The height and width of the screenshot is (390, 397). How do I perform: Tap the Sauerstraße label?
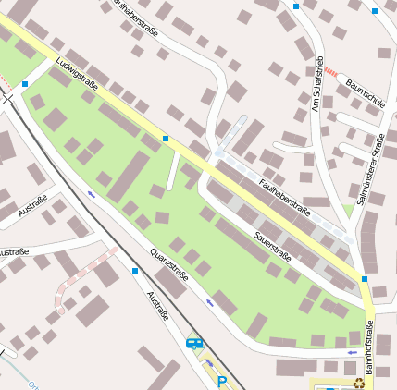click(x=272, y=245)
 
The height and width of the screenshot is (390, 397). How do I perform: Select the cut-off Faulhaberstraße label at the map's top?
click(x=136, y=16)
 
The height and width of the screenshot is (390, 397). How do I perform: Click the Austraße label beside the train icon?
click(x=158, y=306)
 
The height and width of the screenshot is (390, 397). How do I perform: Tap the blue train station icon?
click(x=193, y=343)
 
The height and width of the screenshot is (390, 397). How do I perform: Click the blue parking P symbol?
click(x=221, y=380)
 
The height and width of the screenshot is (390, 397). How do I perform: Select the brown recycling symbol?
click(x=359, y=383)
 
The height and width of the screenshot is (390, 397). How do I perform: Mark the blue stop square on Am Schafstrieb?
click(x=296, y=6)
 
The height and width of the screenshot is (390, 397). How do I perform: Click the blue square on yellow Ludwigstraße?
click(x=165, y=139)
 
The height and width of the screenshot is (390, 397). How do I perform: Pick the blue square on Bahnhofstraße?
click(x=365, y=278)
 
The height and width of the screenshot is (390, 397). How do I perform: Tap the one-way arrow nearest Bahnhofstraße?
click(x=351, y=352)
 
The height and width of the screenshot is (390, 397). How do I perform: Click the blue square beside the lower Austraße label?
click(x=135, y=271)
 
